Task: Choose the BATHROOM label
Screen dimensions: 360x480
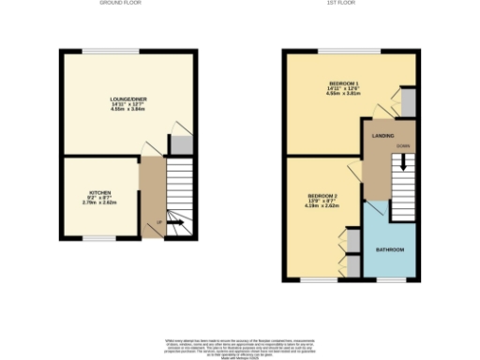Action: pos(390,249)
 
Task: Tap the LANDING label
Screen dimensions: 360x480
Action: pos(382,137)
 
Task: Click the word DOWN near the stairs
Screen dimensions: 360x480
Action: pos(401,147)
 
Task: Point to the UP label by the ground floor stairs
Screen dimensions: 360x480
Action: pos(159,221)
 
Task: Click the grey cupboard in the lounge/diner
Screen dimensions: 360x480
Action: pos(178,145)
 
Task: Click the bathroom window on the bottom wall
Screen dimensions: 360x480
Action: pos(391,278)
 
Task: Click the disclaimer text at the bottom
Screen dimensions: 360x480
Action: pos(240,347)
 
